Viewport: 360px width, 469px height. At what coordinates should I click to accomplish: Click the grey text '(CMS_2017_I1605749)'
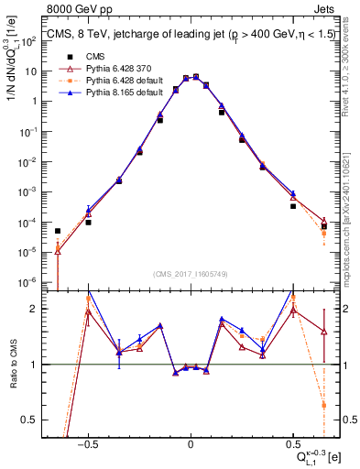(190, 273)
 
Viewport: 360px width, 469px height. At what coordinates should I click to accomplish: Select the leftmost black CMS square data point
(58, 231)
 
